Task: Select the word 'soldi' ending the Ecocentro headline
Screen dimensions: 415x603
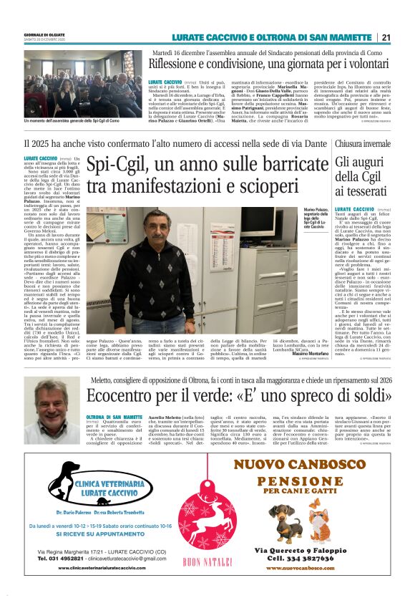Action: click(368, 395)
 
